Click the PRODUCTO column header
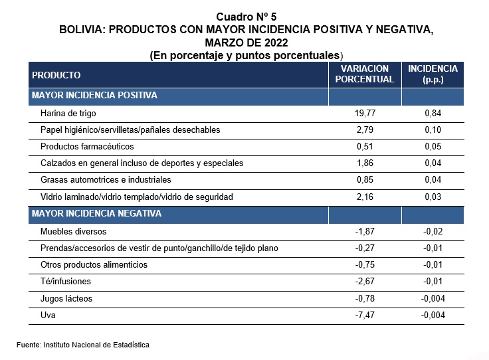click(x=56, y=75)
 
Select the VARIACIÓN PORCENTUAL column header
click(x=365, y=74)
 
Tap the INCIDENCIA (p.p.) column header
click(x=433, y=74)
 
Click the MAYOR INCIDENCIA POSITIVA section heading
click(x=94, y=95)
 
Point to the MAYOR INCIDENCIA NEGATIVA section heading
click(x=97, y=213)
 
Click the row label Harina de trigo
click(x=68, y=113)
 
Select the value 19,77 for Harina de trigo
click(x=365, y=113)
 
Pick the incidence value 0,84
click(x=433, y=113)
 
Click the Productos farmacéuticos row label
click(x=87, y=147)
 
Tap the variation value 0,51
click(x=365, y=147)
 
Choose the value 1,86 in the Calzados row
click(x=365, y=163)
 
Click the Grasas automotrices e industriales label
click(x=106, y=180)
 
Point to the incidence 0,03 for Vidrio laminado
click(x=433, y=197)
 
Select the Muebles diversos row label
click(x=73, y=231)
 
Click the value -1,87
click(x=365, y=231)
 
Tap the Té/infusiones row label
click(x=66, y=281)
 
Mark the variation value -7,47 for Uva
click(x=365, y=315)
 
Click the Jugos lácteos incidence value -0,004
click(x=433, y=298)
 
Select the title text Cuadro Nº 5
click(x=246, y=17)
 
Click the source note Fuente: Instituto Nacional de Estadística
click(x=83, y=345)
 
